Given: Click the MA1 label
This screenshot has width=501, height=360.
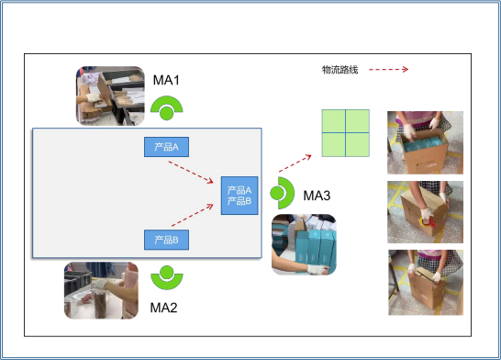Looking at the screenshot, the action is coord(166,80).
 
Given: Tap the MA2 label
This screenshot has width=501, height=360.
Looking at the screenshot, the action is coord(163,308).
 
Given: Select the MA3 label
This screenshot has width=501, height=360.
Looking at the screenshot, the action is coord(317,196).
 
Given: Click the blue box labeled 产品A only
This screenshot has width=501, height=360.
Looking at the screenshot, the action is coord(166,147).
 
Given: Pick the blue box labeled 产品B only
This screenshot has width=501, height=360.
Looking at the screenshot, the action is coord(166,240).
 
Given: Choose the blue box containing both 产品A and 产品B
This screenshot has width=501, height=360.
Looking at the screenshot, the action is coord(239,196).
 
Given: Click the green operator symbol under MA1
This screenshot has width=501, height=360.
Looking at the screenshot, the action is coord(166,108).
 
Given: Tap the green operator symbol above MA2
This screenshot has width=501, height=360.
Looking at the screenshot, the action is coord(166,277).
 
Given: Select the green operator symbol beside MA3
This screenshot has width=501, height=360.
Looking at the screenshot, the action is coord(282,193).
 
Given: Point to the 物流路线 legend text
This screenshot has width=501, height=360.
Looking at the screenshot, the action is coord(340,70).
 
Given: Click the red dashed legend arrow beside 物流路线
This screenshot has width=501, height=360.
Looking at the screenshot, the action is coord(388,70).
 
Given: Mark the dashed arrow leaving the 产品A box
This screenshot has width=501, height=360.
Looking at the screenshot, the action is coord(191,173).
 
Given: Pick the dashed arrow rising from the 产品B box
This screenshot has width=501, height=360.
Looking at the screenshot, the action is coord(193,215).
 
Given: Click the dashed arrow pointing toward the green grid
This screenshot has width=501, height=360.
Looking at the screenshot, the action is coord(295,163).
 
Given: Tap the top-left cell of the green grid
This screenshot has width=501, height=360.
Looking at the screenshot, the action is coord(334,121).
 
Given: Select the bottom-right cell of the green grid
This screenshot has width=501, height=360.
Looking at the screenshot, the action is coord(358,144).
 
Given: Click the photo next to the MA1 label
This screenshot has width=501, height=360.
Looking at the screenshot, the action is coord(110,96).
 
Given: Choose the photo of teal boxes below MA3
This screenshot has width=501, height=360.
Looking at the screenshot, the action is coord(304,244).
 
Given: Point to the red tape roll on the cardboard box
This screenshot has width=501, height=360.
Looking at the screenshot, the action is coord(428,222).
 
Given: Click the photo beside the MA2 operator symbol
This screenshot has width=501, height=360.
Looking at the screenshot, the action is coord(101,290).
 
